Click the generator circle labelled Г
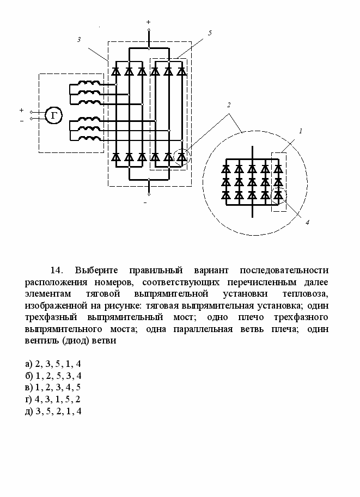tap(53, 115)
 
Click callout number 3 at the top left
tap(79, 40)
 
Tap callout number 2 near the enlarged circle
tap(229, 104)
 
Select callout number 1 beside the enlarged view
tap(300, 131)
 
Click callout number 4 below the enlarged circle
tap(307, 222)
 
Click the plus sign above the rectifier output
tap(149, 22)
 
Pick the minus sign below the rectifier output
tap(145, 203)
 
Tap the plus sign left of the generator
tap(21, 110)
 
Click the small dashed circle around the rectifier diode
tap(181, 157)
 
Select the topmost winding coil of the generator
tap(89, 84)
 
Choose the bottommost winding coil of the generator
tap(89, 137)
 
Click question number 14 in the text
tap(57, 271)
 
